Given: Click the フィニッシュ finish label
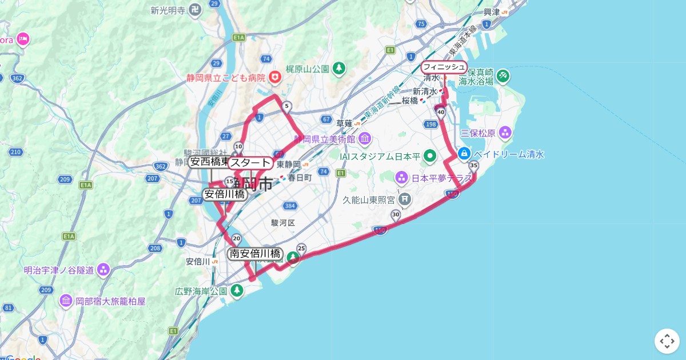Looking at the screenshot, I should (444, 67).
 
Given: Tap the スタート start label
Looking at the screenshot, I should (250, 163).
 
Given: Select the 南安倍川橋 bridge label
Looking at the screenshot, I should (255, 254).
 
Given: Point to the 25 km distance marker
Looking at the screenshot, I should (301, 248).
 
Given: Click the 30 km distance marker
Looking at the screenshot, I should (396, 214).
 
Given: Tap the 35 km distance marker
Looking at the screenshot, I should (473, 166).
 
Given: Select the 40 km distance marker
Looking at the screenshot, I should (441, 113).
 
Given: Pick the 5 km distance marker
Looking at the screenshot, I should (287, 106).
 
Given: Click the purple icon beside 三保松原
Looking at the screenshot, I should (505, 133).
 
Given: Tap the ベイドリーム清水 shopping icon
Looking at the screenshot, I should (464, 154).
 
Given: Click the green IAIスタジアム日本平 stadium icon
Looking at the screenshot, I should (430, 155).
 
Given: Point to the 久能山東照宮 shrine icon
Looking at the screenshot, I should (405, 199).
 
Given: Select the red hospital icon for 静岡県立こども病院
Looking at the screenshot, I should (276, 77).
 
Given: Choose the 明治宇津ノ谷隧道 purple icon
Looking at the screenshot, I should (103, 269).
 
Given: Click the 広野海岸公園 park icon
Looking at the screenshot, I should (237, 291).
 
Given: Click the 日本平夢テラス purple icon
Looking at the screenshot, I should (401, 178).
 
